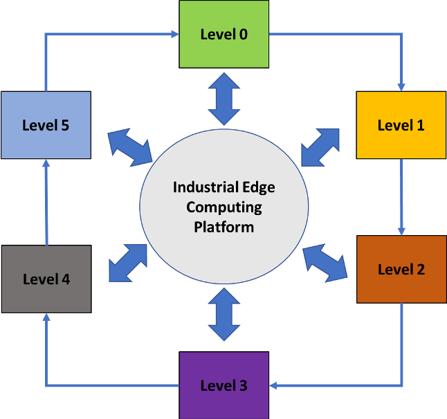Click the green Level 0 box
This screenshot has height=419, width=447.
coord(223,34)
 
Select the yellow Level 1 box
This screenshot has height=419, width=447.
coord(401,125)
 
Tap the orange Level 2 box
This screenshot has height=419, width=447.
coord(401,269)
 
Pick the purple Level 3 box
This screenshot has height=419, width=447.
coord(223,385)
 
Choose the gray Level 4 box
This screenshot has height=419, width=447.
coord(46,279)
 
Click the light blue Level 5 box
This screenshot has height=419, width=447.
coord(46,125)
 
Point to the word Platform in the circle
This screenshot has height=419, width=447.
coord(223,227)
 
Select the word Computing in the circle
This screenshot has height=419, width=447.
coord(223,207)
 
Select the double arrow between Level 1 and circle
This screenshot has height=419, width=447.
coord(321,147)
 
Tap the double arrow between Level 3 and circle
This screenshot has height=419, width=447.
coord(223,315)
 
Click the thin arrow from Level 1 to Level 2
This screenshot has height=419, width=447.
coord(401,197)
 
